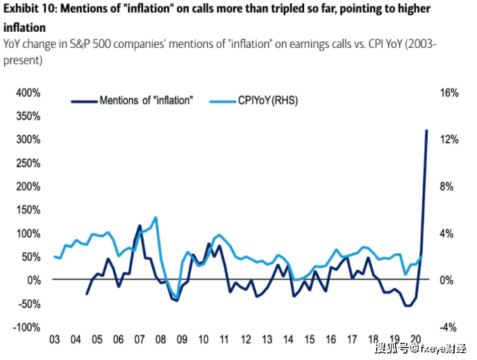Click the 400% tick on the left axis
21,93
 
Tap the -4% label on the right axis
449,327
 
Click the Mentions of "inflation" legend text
145,101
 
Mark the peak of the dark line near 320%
426,130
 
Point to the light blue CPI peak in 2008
156,217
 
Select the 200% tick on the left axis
21,187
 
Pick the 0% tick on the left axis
28,280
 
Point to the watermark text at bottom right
421,347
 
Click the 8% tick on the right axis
449,187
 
